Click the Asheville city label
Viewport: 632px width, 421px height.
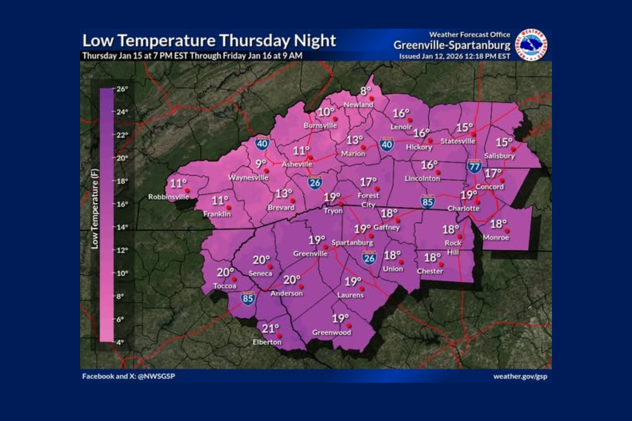pos(297,164)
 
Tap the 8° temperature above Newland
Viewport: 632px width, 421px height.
pos(366,91)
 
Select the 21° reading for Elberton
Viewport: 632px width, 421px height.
pos(270,329)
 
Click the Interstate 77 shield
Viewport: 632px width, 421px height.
pos(474,166)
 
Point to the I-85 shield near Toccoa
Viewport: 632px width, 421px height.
pos(248,298)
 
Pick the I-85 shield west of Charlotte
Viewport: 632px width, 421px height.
pos(428,202)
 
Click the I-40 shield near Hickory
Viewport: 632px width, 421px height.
pos(387,144)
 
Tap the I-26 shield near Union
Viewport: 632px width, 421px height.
pos(369,258)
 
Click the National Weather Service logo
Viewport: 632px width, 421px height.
pos(531,45)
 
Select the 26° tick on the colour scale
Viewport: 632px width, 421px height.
pos(121,89)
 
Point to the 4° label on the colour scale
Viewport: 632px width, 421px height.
pos(120,342)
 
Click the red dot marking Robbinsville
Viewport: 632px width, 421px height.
pos(187,191)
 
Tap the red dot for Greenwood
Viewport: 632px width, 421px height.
pos(349,326)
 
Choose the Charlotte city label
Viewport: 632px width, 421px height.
pos(463,208)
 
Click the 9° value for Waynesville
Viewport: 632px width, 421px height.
pos(261,164)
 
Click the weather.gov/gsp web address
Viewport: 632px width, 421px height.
pos(520,376)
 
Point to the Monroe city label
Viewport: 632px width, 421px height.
pos(495,238)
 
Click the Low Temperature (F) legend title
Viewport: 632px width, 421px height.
pos(95,209)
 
